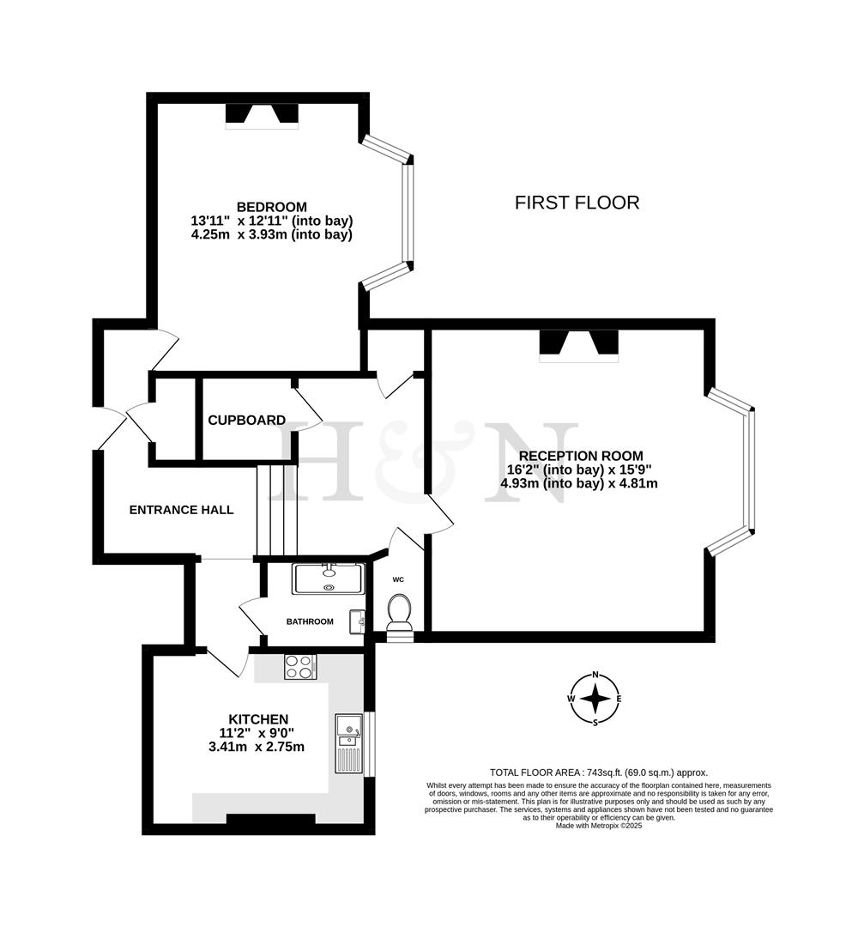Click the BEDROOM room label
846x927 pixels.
[271, 207]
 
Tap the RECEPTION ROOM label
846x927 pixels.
[580, 456]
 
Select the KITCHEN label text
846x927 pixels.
[257, 718]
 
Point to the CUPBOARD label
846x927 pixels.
[246, 421]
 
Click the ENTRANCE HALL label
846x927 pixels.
[181, 510]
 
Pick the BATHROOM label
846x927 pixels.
[310, 621]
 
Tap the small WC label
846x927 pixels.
[398, 579]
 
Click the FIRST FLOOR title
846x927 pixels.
[577, 203]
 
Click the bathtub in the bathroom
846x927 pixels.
[329, 579]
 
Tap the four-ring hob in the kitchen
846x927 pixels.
[300, 667]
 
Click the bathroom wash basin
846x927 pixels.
[357, 620]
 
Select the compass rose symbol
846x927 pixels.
[595, 699]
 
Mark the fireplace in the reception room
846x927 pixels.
[578, 345]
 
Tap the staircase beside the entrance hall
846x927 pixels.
[276, 510]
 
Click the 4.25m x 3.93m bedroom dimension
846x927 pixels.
[271, 234]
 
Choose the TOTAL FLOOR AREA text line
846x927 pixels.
[598, 772]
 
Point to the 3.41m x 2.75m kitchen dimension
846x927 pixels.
[257, 747]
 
